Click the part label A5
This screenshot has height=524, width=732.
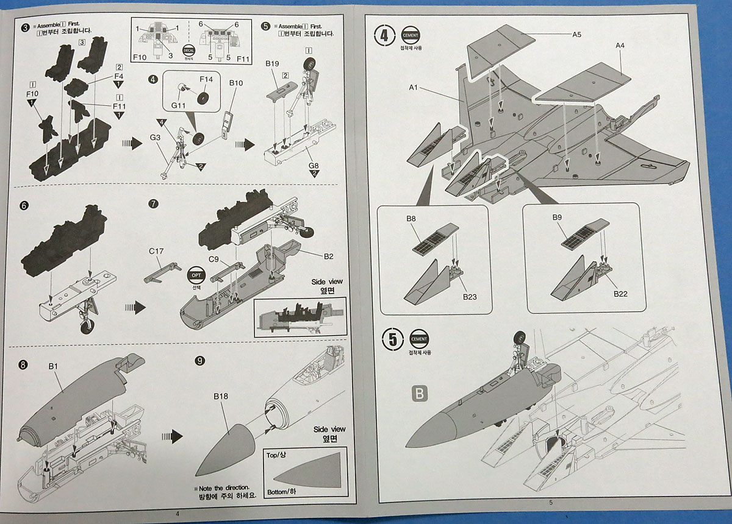tap(576, 35)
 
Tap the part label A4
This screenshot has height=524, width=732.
tap(620, 46)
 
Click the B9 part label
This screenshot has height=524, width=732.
tap(557, 218)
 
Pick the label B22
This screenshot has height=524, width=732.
tap(620, 293)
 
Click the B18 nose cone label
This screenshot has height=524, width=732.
tap(221, 397)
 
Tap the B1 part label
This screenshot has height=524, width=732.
tap(53, 367)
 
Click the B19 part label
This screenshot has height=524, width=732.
tap(272, 63)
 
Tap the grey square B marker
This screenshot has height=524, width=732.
tap(418, 394)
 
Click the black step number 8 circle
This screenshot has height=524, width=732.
tap(23, 365)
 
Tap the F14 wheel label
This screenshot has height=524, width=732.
tap(206, 79)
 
